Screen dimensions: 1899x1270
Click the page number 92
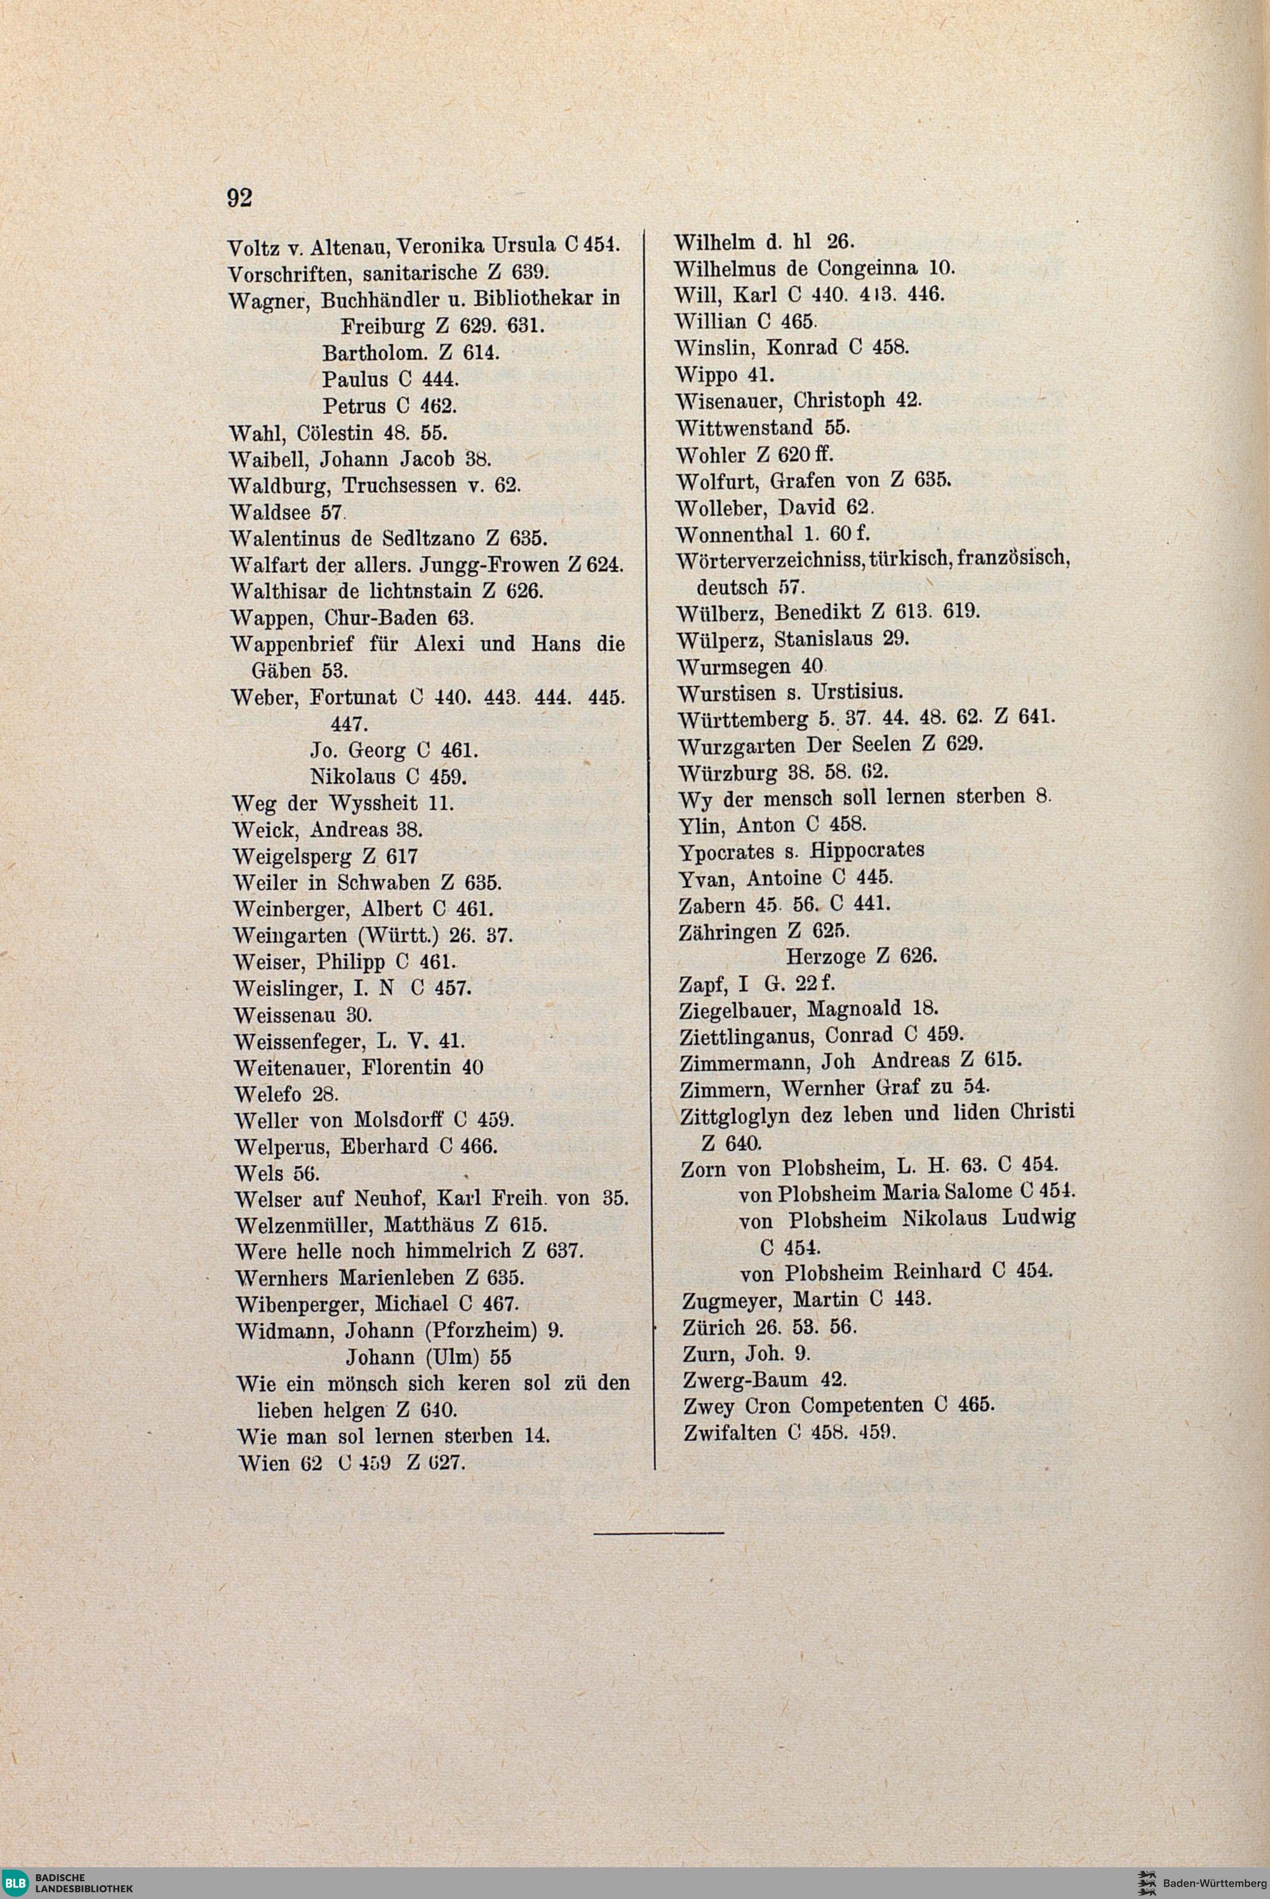click(240, 197)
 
